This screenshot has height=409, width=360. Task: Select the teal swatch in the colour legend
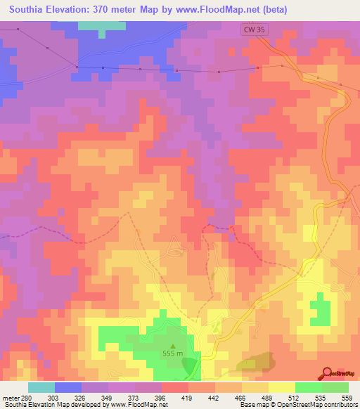(x=41, y=387)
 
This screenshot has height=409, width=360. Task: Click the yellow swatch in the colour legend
(x=281, y=387)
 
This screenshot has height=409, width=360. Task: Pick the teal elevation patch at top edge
(x=98, y=26)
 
